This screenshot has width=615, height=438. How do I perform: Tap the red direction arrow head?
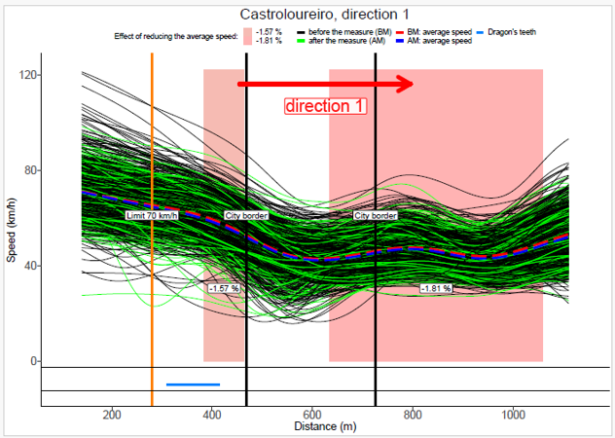(403, 85)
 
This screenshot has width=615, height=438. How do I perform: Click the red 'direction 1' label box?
(325, 105)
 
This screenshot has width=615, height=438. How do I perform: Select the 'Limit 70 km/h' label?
(153, 215)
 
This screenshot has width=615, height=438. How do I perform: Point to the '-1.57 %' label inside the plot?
(224, 289)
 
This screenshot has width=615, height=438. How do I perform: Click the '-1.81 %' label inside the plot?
(435, 289)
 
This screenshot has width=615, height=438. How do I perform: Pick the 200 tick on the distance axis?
(111, 414)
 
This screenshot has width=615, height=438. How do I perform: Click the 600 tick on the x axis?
(311, 414)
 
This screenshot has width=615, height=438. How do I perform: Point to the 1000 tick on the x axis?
(513, 414)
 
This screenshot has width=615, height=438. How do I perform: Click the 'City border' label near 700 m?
(375, 215)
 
